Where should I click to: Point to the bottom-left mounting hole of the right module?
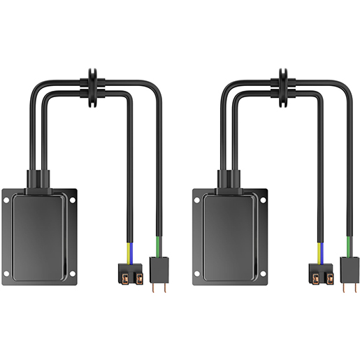pyautogui.click(x=197, y=273)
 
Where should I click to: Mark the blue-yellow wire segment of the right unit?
pyautogui.click(x=319, y=248)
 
